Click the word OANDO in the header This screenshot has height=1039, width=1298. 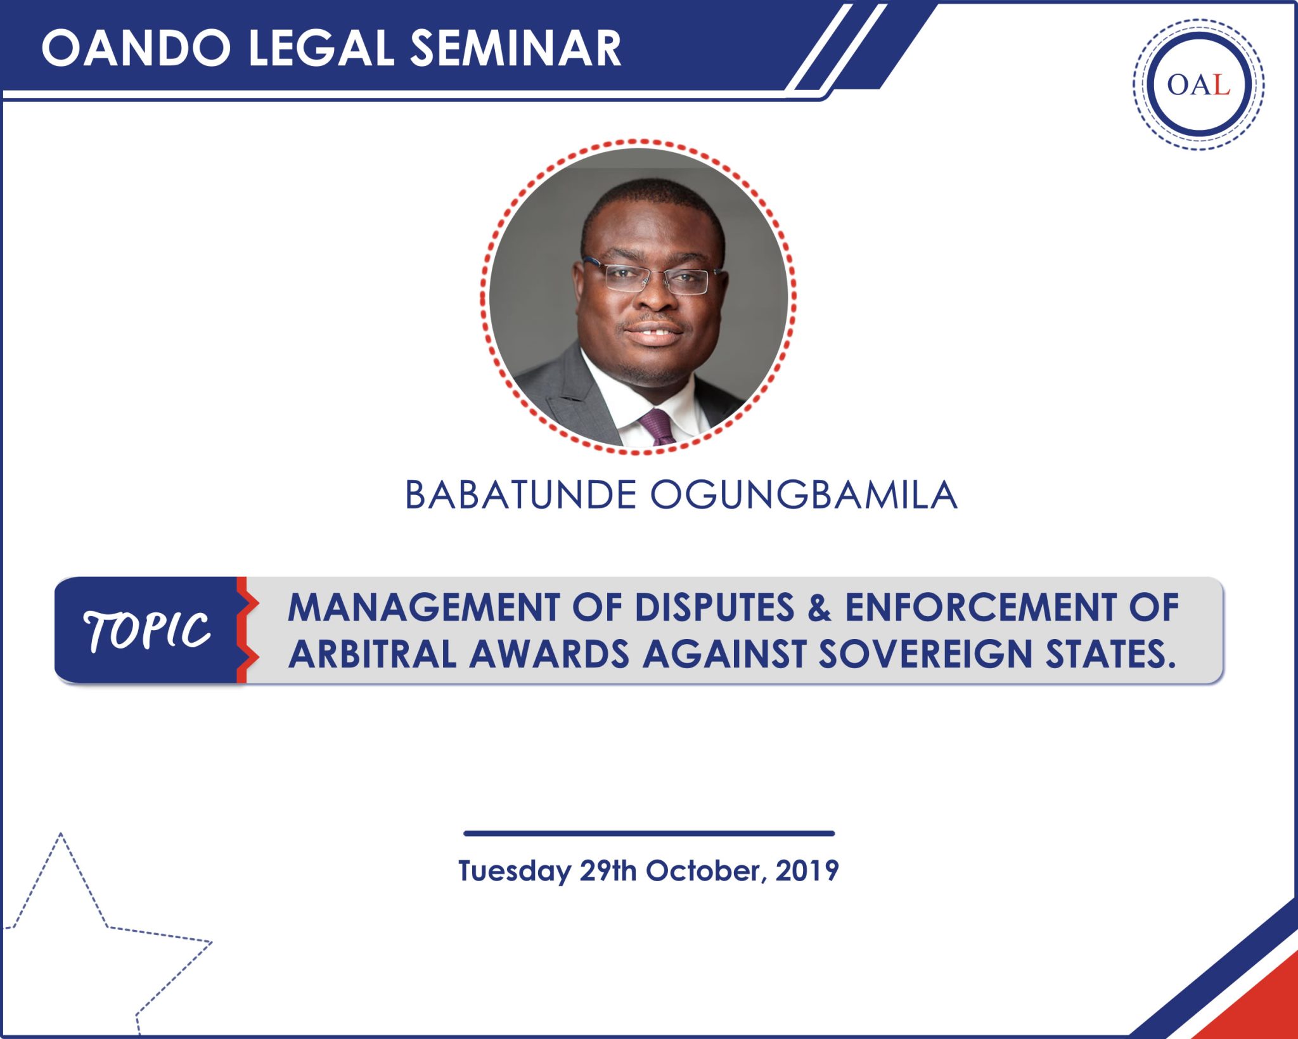[136, 49]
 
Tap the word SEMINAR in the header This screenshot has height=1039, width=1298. [515, 49]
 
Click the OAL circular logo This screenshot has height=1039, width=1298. [1198, 84]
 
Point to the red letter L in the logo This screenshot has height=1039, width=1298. [1221, 85]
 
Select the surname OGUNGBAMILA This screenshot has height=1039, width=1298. [804, 495]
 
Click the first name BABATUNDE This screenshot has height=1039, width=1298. [520, 495]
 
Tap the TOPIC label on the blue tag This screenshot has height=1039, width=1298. [147, 631]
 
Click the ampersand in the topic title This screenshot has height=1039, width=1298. [819, 607]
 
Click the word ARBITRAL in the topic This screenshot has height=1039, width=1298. [373, 654]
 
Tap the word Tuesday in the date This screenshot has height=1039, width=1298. [514, 872]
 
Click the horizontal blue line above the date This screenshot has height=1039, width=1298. [648, 834]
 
